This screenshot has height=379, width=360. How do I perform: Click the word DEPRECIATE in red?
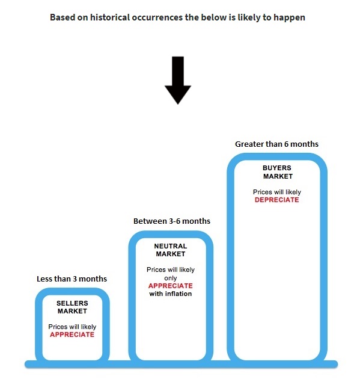276,200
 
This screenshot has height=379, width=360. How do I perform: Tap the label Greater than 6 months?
276,144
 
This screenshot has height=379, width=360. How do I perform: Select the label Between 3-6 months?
172,221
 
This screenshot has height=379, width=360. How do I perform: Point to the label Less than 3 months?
72,279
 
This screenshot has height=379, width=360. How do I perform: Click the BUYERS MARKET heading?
278,172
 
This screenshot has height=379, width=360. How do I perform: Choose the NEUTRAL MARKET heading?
171,250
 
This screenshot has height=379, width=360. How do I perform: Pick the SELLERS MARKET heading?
72,307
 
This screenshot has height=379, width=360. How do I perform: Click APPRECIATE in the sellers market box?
72,334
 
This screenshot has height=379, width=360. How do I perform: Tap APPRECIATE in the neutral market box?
171,286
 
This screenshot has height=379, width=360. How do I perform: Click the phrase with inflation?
171,294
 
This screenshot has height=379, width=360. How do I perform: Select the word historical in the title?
110,17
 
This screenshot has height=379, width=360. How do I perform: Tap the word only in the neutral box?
171,278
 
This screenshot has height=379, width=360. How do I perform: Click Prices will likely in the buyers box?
277,192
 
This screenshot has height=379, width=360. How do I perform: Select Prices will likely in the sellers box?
72,327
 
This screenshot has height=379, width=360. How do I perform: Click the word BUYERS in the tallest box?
277,168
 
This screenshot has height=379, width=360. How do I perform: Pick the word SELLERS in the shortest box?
72,303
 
